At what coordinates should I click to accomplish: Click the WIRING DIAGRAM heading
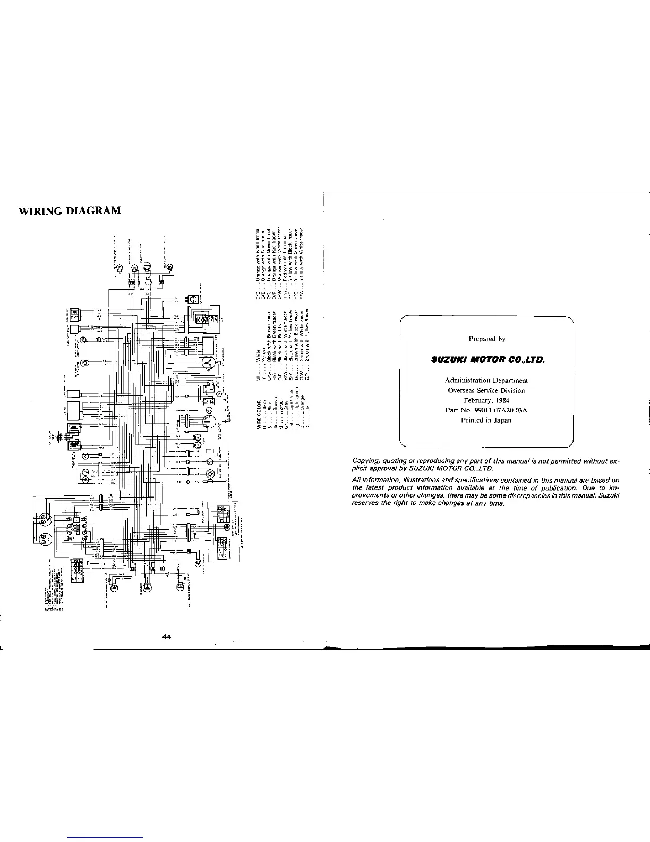click(x=70, y=210)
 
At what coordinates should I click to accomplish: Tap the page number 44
click(x=167, y=637)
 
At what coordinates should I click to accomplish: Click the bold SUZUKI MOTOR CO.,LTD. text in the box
click(x=486, y=360)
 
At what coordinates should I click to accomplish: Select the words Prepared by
click(x=486, y=339)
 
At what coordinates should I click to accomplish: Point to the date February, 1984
click(x=486, y=400)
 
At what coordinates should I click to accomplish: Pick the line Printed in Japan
click(x=486, y=420)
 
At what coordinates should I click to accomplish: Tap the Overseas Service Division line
click(x=486, y=390)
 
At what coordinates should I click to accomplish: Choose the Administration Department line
click(x=486, y=380)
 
